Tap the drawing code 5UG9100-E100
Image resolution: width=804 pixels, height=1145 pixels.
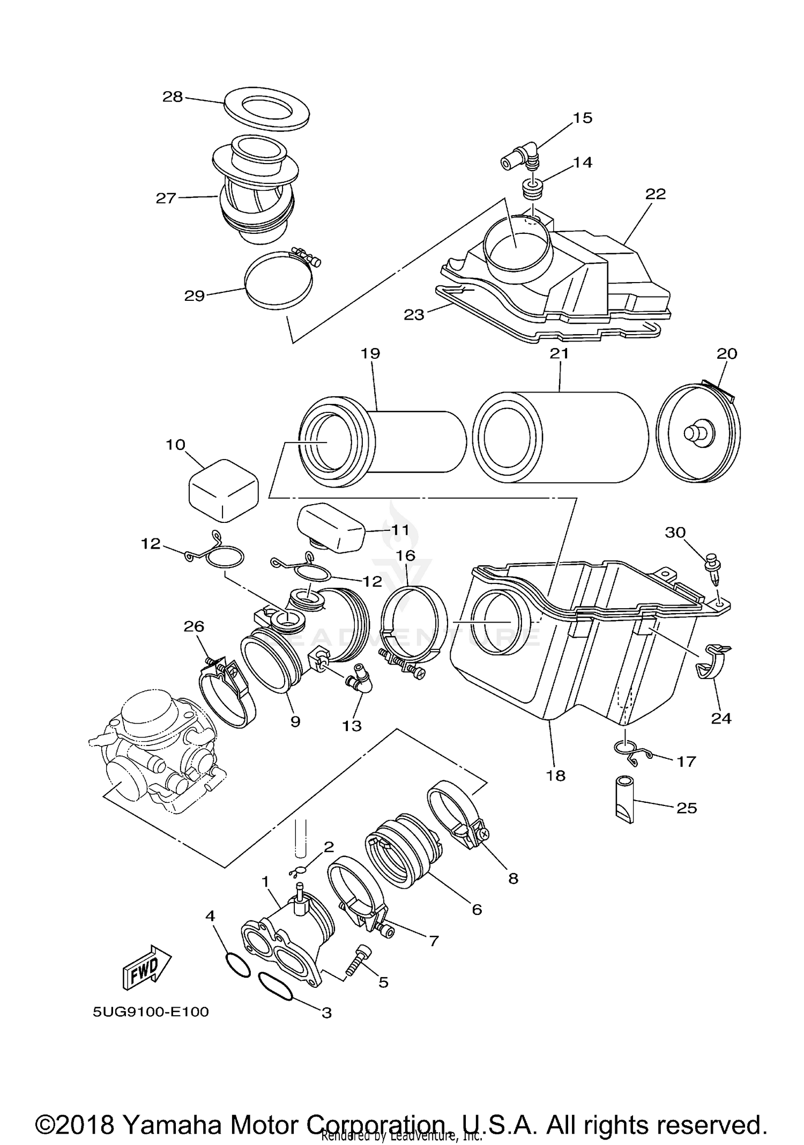click(x=151, y=1012)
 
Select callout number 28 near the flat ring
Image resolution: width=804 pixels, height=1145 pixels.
click(x=173, y=97)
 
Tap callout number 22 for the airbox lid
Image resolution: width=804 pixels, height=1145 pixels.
click(x=655, y=194)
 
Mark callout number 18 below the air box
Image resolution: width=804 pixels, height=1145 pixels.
click(x=556, y=775)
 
